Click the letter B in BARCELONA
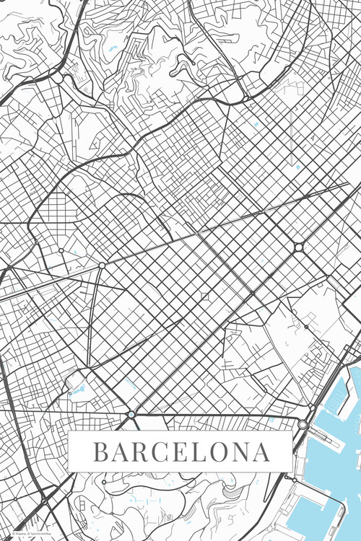[101, 452]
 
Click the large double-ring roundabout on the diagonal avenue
[298, 247]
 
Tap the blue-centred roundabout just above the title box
[131, 415]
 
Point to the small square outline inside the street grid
[204, 296]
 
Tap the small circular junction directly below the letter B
[104, 480]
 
